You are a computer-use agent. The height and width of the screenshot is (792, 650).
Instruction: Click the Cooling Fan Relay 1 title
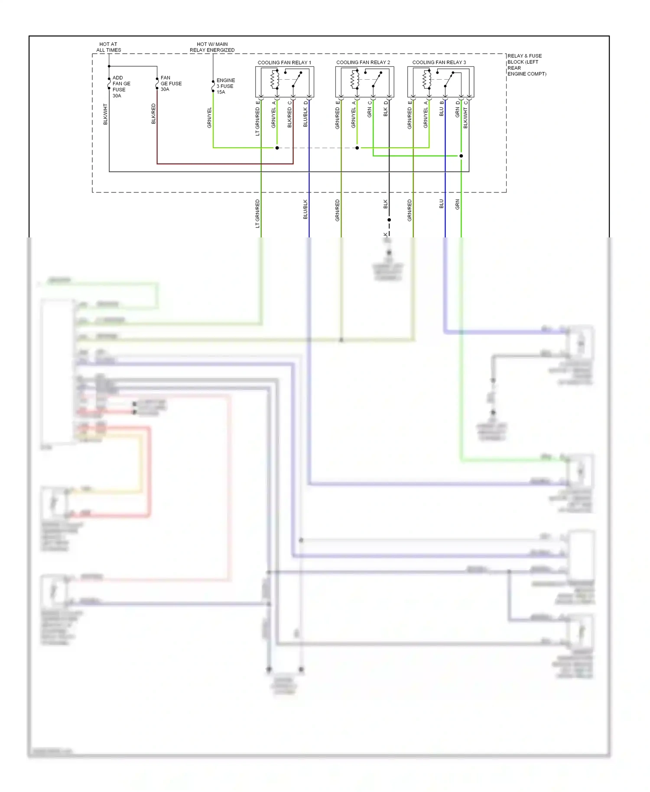coord(284,62)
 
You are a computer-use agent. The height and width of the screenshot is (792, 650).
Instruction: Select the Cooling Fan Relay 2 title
coord(363,62)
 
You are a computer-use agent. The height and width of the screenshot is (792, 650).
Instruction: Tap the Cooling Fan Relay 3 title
coord(439,62)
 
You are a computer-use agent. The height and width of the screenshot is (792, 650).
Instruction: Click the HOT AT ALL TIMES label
coord(108,47)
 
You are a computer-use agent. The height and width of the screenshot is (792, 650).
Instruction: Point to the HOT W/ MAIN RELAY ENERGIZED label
coord(212,47)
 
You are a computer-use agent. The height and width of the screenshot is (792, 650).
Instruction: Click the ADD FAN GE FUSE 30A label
coord(121,87)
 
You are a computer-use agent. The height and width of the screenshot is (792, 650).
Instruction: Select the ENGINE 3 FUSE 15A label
coord(225,86)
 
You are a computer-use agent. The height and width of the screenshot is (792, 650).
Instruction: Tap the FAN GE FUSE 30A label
coord(171,84)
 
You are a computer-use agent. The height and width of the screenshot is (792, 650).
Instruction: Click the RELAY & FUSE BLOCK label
coord(526,65)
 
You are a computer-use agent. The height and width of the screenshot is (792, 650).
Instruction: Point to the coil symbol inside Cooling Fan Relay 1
coord(275,79)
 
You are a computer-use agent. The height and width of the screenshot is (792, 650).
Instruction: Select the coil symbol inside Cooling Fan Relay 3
coord(426,79)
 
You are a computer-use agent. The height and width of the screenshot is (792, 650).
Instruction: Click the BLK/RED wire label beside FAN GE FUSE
coord(153,114)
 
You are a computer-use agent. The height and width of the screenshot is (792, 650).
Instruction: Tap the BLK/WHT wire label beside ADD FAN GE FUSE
coord(105,114)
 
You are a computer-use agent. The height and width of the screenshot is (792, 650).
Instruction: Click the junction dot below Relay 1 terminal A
coord(277,148)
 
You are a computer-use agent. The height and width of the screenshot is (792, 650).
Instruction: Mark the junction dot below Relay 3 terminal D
coord(461,156)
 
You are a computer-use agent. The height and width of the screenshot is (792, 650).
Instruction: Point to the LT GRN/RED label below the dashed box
coord(257,214)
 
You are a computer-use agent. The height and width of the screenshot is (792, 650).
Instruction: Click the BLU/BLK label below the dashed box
coord(305,209)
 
